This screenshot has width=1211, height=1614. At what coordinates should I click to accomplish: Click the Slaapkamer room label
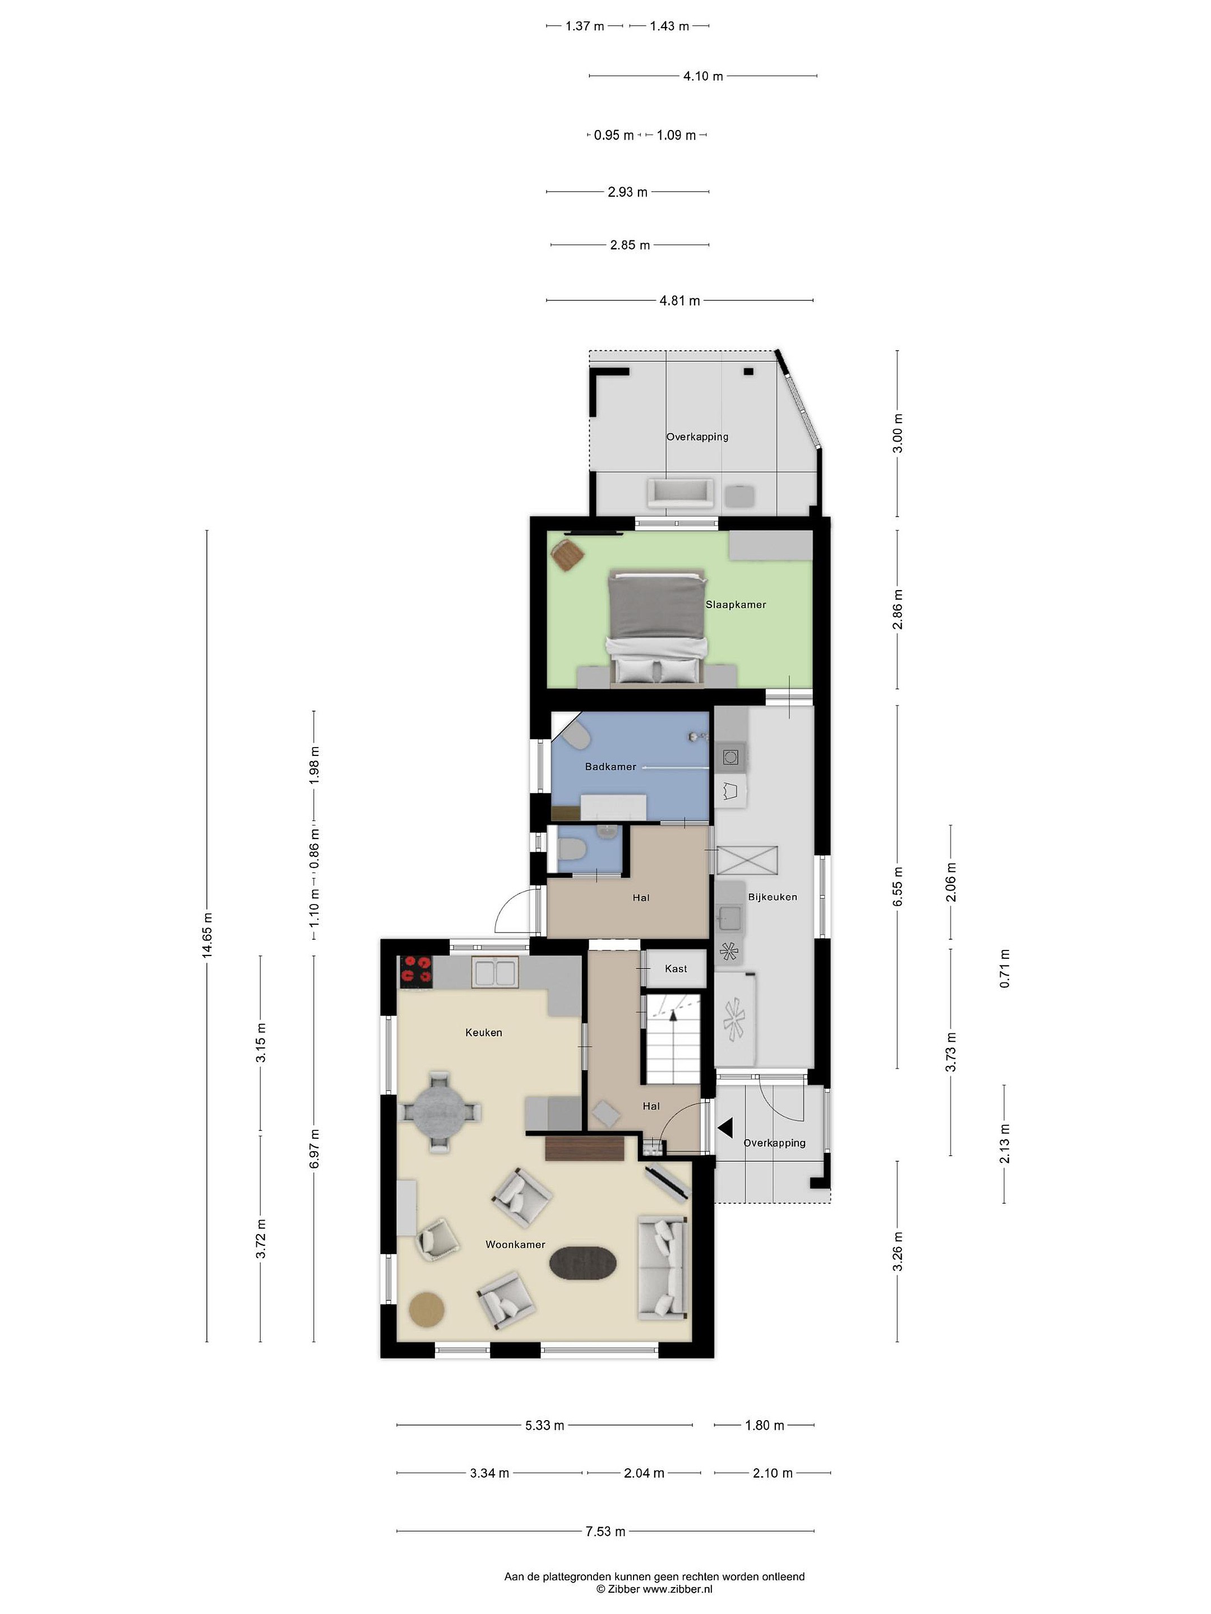click(735, 604)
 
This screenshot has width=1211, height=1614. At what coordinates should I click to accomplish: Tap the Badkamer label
click(610, 766)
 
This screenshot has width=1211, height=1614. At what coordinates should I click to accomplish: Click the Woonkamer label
click(515, 1244)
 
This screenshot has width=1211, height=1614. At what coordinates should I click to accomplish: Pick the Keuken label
click(484, 1032)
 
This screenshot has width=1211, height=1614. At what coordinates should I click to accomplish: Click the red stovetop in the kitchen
click(416, 972)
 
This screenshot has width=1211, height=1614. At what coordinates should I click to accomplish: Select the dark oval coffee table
click(583, 1261)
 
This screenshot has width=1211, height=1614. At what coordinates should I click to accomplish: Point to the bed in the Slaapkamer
click(656, 628)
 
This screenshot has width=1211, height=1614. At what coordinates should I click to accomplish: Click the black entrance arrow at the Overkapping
click(725, 1128)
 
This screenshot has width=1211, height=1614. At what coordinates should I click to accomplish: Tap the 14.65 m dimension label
click(207, 935)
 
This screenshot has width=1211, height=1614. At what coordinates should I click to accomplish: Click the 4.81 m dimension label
click(680, 300)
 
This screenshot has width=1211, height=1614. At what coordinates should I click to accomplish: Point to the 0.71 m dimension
click(1005, 968)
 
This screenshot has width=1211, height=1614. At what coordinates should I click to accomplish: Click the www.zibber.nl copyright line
click(654, 1588)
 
